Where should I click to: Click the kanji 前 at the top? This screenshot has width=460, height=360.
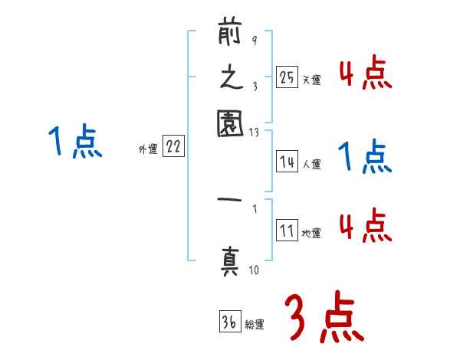click(230, 35)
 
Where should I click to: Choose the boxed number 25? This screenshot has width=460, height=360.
click(287, 77)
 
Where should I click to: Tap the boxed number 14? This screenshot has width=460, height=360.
click(287, 162)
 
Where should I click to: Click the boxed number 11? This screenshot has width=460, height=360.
click(287, 231)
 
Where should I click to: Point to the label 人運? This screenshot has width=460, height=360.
click(311, 164)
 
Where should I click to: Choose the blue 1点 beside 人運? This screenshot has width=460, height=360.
click(366, 158)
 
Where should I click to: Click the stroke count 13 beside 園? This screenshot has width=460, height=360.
click(253, 133)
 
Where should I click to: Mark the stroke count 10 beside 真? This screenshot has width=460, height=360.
click(253, 270)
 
